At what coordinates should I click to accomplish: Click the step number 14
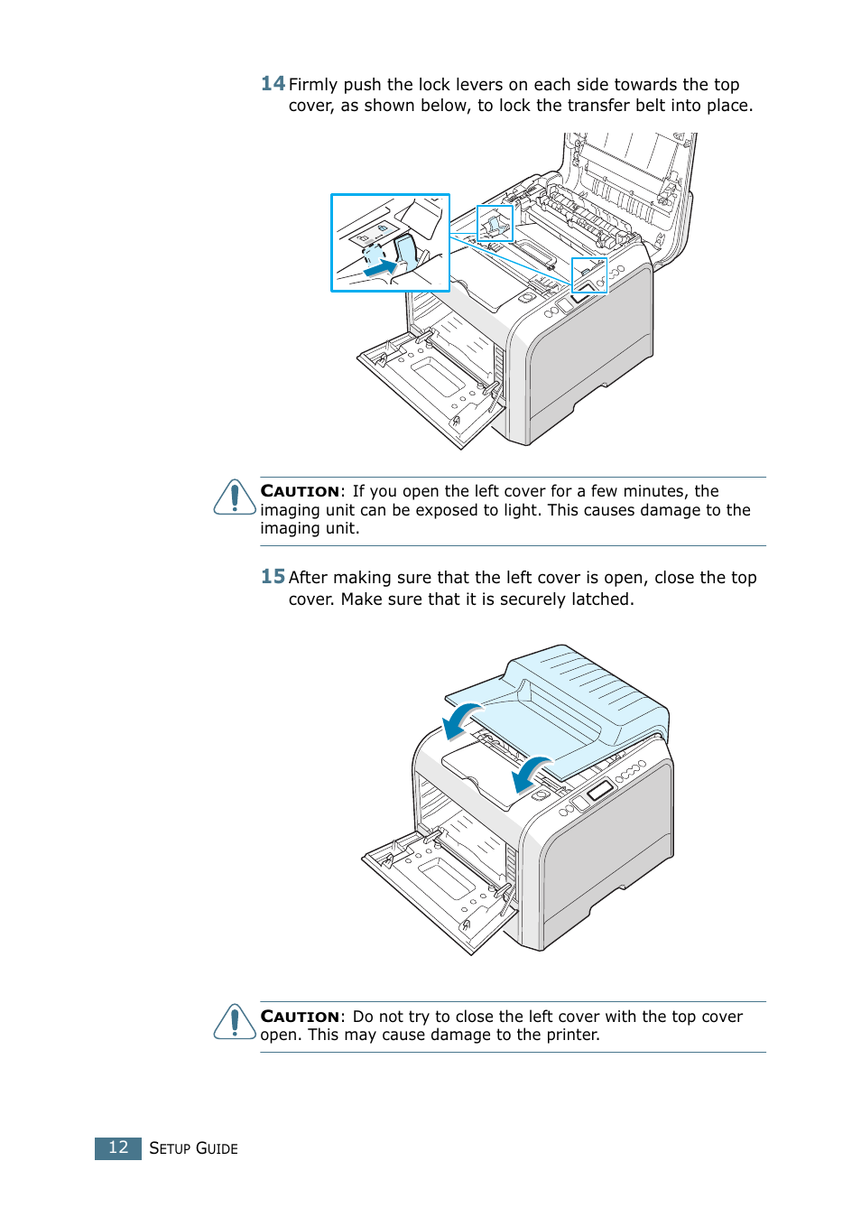(273, 84)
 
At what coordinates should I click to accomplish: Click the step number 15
(273, 577)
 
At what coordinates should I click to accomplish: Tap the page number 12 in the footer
(118, 1147)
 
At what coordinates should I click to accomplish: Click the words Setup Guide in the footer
(193, 1148)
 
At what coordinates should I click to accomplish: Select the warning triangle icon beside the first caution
(235, 497)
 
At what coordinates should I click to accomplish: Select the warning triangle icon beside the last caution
(235, 1022)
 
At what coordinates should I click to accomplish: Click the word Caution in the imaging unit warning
(300, 491)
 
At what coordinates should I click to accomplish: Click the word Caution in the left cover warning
(300, 1017)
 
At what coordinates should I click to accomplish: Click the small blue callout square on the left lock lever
(495, 223)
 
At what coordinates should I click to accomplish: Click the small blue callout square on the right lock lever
(589, 275)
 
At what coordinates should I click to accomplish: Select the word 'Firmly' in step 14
(313, 85)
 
